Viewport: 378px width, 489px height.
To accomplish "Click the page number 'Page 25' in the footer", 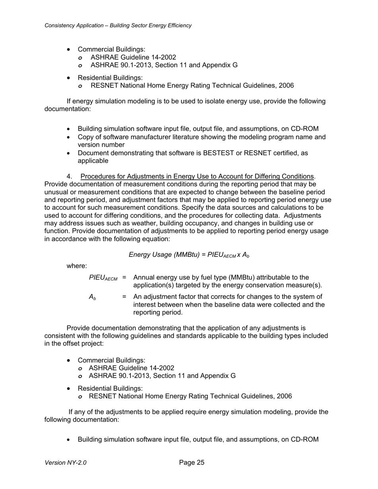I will point(191,462).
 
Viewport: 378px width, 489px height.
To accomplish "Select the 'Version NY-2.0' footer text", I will point(66,463).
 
